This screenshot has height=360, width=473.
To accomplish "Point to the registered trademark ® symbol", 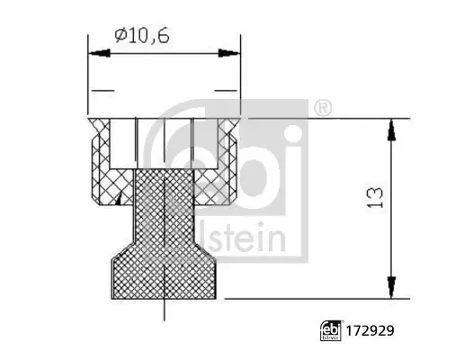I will pos(323,108).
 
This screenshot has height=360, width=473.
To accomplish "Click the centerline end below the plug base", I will pos(165,315).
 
